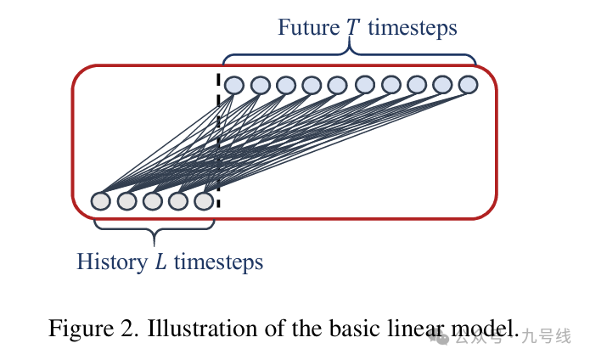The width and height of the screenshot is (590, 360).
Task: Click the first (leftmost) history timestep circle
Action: pos(101,201)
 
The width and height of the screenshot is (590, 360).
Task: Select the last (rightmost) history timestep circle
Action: pos(204,201)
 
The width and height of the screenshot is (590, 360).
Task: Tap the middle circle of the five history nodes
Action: pos(153,201)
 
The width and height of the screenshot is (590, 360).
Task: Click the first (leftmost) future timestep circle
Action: pos(234,85)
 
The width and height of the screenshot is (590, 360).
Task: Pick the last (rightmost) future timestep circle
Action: pos(469,85)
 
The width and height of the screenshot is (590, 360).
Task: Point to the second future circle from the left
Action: pos(261,85)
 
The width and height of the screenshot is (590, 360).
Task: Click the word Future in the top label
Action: pos(307,28)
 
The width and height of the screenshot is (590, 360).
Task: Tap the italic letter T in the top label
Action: pos(352,28)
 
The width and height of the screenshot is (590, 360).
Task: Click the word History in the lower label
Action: pos(111,262)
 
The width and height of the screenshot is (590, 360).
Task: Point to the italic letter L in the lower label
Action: pos(160,262)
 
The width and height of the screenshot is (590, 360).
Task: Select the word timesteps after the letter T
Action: pos(413,28)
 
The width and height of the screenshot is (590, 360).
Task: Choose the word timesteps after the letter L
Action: pos(218,262)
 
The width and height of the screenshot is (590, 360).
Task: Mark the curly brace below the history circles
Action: pos(154,230)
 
